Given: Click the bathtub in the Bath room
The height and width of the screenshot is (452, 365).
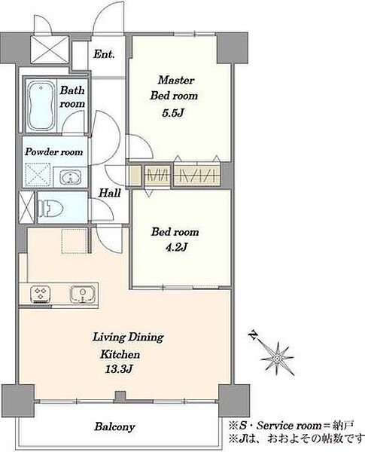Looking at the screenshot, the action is point(41,105).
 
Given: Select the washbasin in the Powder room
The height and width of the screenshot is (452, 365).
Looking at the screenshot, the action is point(70,177).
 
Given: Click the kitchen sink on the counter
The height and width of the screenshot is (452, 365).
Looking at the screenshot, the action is point(83,294).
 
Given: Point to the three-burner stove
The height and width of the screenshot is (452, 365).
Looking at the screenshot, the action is point(41,294).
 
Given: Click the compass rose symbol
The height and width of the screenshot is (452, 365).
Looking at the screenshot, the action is point(277,359).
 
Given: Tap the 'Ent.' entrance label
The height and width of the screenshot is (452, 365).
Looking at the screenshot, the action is point(104,54).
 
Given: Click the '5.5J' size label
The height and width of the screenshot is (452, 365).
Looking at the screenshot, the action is point(173,113).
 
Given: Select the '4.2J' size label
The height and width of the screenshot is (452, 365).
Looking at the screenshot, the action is point(176,247).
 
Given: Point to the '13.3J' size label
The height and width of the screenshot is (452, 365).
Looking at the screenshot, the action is point(118,370).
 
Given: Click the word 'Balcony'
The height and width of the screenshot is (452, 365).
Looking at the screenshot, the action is point(114,426).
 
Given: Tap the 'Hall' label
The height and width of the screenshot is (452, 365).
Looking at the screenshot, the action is point(109,193).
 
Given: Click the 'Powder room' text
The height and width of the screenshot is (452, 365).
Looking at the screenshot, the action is point(54,151).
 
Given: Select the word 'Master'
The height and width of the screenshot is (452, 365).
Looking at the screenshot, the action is point(176,80).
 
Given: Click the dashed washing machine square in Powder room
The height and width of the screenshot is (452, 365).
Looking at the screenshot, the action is point(38,175).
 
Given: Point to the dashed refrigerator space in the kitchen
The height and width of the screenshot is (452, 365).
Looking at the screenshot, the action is point(75,241).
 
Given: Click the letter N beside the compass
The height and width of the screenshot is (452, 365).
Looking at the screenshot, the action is point(254,334).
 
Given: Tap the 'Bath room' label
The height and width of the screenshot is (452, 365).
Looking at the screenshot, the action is point(72,97).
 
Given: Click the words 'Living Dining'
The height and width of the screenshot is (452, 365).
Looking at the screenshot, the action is point(128,337).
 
